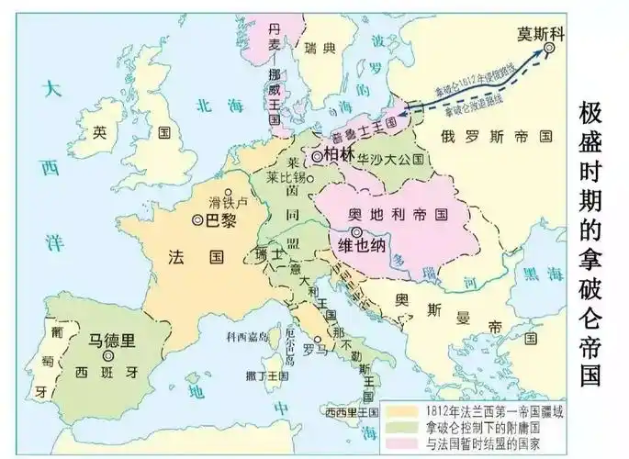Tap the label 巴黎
[219, 219]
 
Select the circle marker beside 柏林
[317, 157]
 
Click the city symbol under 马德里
[109, 355]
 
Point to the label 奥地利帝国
[397, 214]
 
